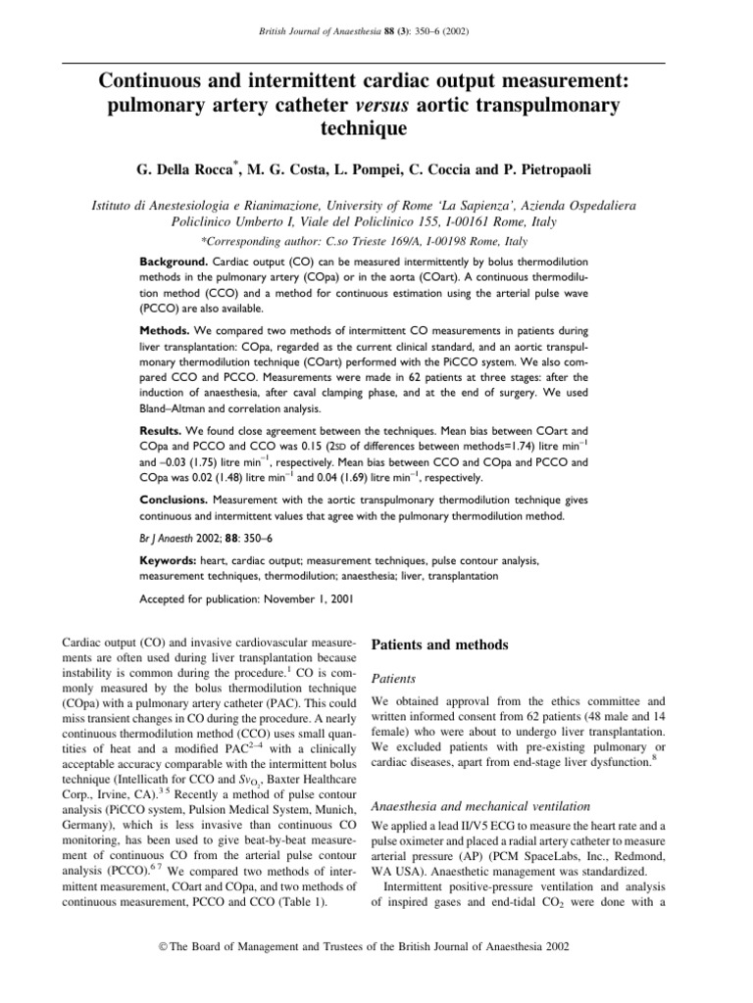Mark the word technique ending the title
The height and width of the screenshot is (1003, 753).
tap(376, 127)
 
